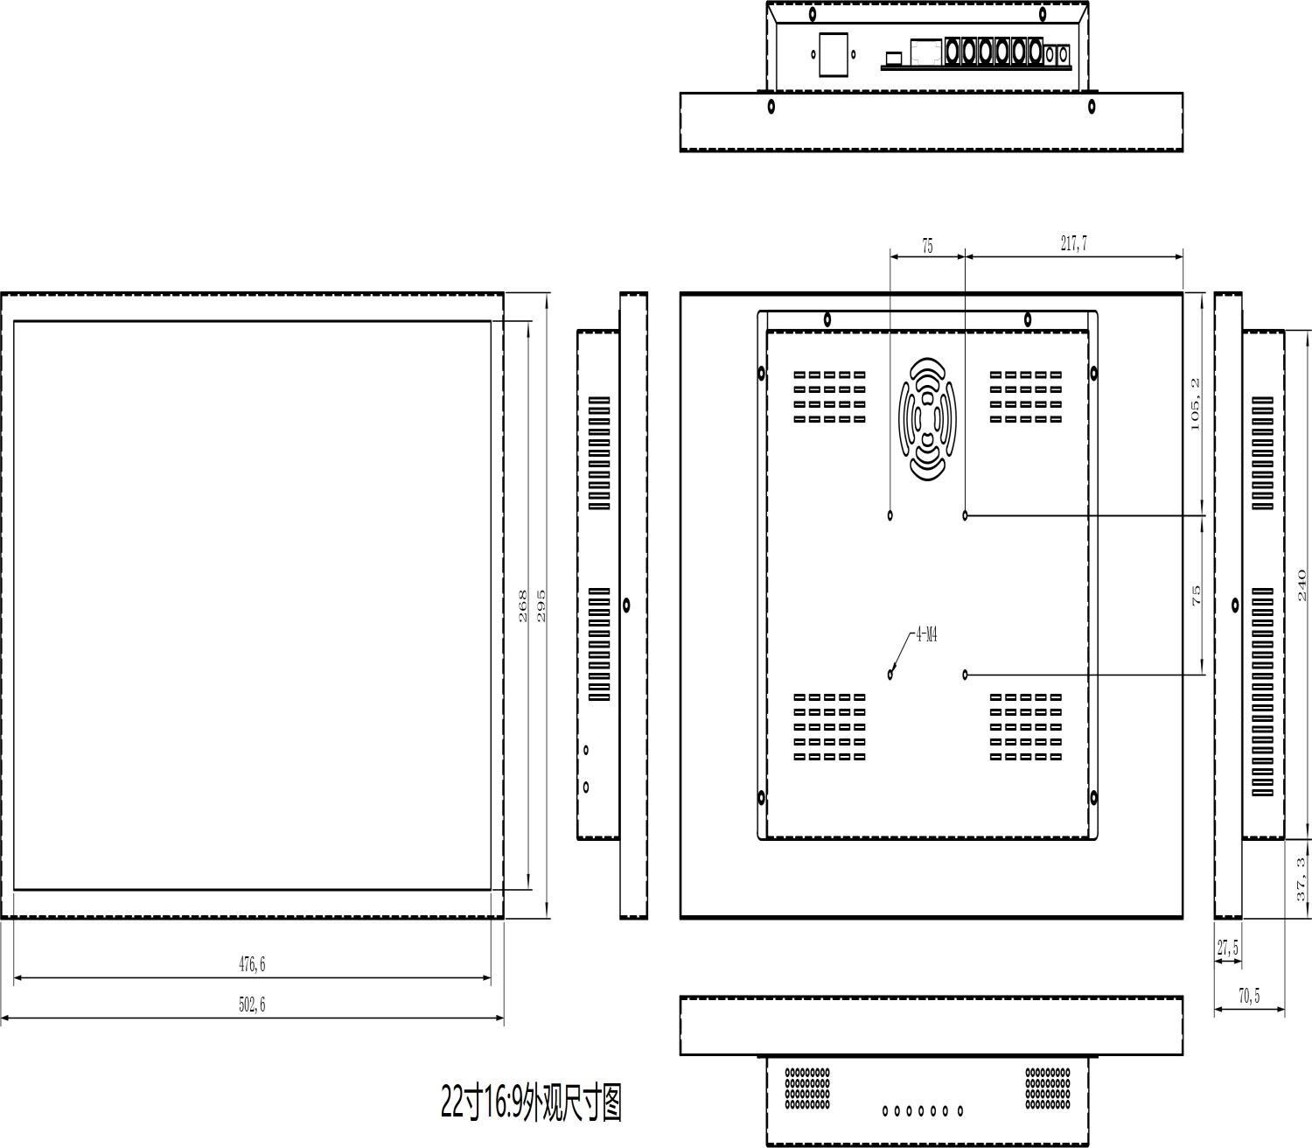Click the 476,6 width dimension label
[252, 964]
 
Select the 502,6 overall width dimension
[252, 1004]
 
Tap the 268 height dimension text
[523, 605]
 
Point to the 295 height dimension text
[541, 605]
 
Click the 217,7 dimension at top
[1074, 244]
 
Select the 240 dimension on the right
[1302, 584]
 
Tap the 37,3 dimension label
[1302, 879]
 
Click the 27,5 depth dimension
[1227, 948]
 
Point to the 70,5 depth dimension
[1249, 997]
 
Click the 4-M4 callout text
[926, 635]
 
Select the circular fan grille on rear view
[927, 418]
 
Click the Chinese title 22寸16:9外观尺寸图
[531, 1102]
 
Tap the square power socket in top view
[834, 54]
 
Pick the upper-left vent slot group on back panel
[829, 397]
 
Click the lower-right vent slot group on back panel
[1026, 727]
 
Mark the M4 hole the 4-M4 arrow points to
[890, 674]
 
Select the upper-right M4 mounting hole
[966, 515]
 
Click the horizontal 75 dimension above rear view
[927, 247]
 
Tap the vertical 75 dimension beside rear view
[1196, 596]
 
